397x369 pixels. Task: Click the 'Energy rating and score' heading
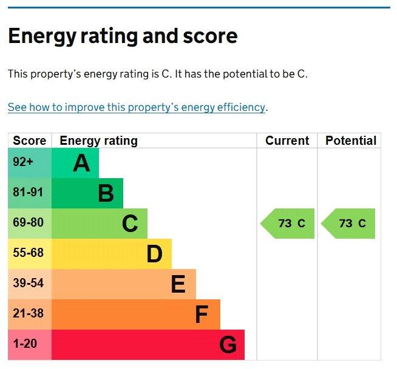click(x=123, y=36)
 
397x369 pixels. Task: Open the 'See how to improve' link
click(x=137, y=107)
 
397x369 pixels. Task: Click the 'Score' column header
click(x=29, y=141)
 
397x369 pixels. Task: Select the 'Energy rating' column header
click(x=98, y=141)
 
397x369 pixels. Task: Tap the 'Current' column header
click(x=287, y=141)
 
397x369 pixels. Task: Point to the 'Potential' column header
click(x=350, y=141)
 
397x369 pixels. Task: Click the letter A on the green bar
click(x=81, y=163)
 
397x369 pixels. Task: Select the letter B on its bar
click(x=106, y=193)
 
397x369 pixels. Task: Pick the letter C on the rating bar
click(x=130, y=224)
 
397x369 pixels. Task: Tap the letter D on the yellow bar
click(x=154, y=254)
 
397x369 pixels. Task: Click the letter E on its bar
click(x=178, y=284)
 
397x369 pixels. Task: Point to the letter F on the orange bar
click(x=202, y=314)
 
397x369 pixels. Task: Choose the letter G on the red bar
click(x=227, y=345)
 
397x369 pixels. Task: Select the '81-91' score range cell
click(x=29, y=193)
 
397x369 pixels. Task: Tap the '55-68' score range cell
click(x=29, y=253)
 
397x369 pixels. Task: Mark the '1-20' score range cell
click(x=25, y=344)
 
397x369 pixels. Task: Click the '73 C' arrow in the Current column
click(x=288, y=224)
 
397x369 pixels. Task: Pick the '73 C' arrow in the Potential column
click(x=349, y=224)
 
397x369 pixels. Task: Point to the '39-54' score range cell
click(x=29, y=284)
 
